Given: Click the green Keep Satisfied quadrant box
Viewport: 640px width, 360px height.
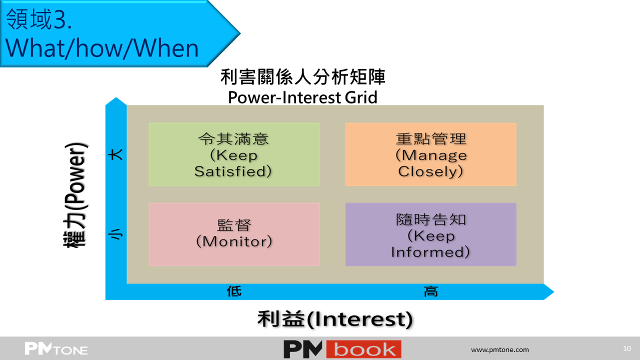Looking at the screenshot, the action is [234, 154].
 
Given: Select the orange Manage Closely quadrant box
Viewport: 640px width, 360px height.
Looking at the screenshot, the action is [430, 154].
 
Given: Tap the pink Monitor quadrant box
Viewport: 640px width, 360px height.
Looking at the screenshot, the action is [234, 234].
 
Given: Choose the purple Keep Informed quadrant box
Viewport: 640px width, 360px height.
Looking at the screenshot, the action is [430, 234].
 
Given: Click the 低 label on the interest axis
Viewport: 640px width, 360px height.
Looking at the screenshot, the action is [234, 291].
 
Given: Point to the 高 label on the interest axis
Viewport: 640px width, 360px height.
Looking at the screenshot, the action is [431, 291].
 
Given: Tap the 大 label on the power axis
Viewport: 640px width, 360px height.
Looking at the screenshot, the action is [116, 154].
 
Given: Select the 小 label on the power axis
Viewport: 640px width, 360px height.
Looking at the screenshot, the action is [116, 234].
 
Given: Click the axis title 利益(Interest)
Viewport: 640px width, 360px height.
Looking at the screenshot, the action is [335, 319].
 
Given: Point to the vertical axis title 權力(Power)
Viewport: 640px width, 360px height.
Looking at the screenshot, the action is [75, 195].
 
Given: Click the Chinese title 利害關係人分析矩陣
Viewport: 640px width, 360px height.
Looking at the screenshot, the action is [303, 77].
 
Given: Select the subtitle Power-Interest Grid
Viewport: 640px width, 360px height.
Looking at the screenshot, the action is [302, 97].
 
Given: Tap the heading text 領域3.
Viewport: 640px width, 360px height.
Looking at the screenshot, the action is [39, 19].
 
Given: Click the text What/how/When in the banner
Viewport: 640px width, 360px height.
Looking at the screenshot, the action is [102, 48].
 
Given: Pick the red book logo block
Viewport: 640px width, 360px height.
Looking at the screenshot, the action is [363, 349].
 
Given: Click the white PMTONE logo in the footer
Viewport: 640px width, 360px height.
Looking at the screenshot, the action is [56, 348].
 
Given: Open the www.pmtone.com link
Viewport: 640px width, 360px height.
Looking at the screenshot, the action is [500, 349].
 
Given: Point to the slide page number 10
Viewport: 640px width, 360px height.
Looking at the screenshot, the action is [627, 348].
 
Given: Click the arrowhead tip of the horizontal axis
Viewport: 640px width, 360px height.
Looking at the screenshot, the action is [553, 291].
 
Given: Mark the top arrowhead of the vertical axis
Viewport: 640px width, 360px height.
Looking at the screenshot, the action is [116, 97].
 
